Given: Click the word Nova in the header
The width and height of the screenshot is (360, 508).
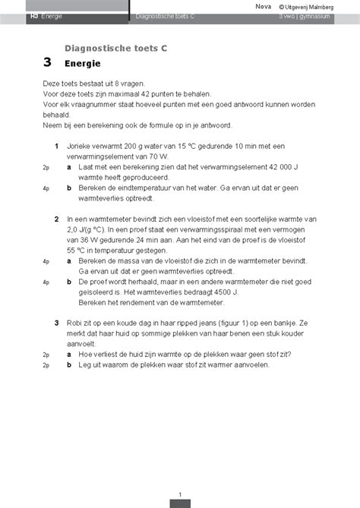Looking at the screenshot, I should (x=263, y=6).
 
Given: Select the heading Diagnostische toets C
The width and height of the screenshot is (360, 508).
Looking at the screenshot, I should (x=116, y=48).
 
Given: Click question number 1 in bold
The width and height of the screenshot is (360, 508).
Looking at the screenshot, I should (x=58, y=144).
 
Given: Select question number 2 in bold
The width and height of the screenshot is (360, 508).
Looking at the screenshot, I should (x=58, y=219).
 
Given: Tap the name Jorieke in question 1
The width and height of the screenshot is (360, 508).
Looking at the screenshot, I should (x=80, y=144).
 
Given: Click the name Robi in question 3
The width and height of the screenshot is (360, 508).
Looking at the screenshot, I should (x=75, y=323).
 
